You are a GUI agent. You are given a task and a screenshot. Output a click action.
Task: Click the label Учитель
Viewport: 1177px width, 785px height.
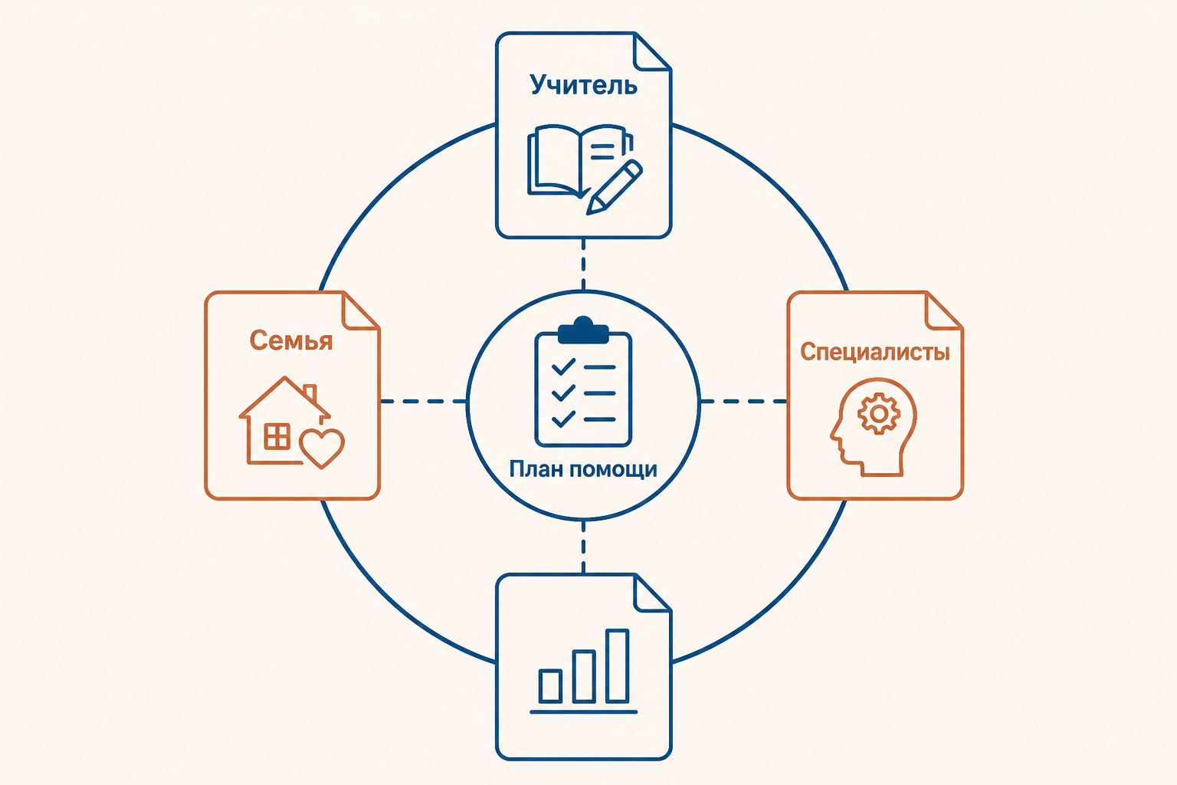click(583, 85)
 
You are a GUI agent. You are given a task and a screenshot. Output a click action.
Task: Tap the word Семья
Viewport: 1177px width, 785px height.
click(291, 340)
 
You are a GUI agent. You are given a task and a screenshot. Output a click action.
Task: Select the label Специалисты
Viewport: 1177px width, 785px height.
click(875, 352)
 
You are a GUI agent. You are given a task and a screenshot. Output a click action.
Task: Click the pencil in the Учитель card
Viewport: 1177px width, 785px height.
click(614, 187)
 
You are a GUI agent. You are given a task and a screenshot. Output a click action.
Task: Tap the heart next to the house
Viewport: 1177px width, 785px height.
click(322, 448)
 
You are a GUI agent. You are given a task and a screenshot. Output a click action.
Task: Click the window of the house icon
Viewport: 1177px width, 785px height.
click(277, 436)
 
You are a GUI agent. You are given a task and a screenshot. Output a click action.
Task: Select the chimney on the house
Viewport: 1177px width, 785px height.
click(310, 392)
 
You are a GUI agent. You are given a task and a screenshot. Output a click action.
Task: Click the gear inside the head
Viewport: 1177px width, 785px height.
click(879, 414)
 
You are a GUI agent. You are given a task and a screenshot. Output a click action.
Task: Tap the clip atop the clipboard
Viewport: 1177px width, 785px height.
click(583, 330)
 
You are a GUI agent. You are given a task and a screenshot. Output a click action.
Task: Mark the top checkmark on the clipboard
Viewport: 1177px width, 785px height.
click(563, 366)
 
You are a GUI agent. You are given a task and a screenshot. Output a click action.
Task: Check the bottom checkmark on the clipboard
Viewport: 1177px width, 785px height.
click(563, 419)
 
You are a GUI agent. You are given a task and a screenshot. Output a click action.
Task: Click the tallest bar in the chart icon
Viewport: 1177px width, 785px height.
click(618, 665)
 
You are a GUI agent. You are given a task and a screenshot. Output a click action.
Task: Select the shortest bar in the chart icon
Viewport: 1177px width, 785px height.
click(551, 686)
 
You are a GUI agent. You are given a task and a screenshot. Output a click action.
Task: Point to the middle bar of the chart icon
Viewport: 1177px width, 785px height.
click(584, 677)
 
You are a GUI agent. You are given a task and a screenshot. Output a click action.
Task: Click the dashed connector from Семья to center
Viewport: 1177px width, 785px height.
click(423, 401)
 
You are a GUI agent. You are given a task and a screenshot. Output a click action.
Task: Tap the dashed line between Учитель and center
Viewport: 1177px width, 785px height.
click(583, 264)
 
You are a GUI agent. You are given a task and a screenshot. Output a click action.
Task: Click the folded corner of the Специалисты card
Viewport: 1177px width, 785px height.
click(943, 311)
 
